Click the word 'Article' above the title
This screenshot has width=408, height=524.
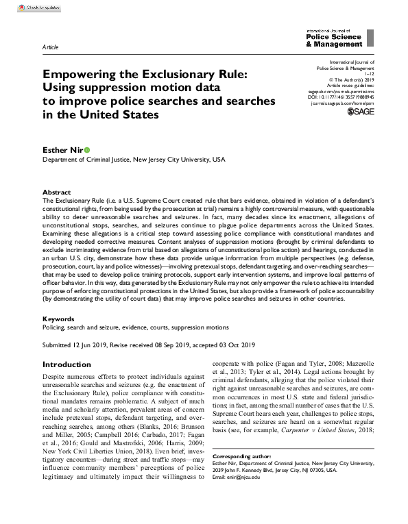[51, 48]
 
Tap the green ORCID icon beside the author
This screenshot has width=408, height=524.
[87, 149]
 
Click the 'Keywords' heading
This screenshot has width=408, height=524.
[58, 319]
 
